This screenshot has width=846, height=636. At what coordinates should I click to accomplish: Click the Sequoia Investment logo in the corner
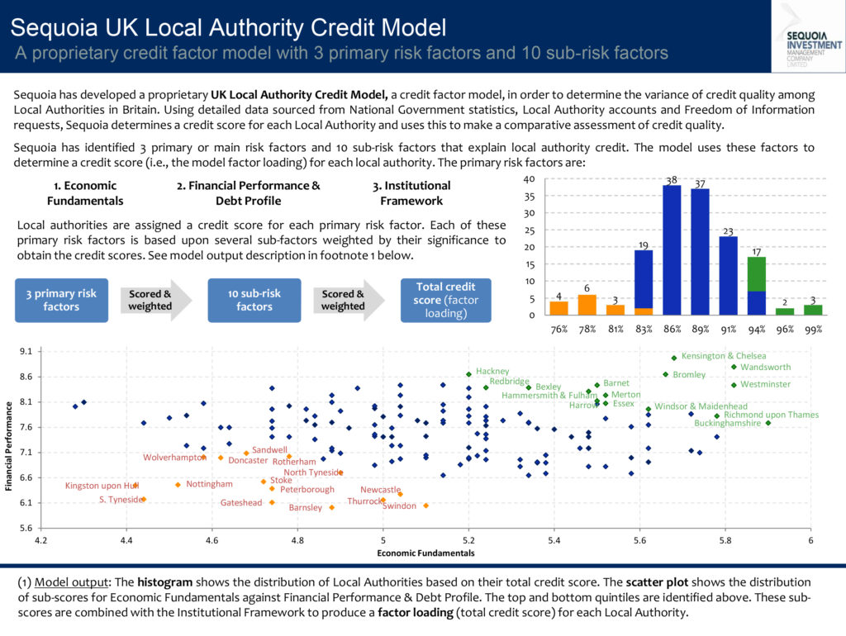click(x=807, y=32)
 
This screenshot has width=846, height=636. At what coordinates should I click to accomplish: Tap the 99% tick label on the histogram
click(x=814, y=329)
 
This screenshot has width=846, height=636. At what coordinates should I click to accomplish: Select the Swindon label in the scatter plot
click(x=400, y=505)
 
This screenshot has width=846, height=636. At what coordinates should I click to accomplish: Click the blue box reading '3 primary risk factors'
click(x=61, y=300)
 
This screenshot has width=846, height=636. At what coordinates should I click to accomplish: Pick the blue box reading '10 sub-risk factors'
click(x=254, y=300)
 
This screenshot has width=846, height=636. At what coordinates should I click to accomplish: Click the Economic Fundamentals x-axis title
click(x=425, y=553)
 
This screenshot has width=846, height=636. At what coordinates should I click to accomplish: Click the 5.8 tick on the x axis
click(x=725, y=540)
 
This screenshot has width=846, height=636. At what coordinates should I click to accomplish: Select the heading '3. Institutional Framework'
click(x=411, y=193)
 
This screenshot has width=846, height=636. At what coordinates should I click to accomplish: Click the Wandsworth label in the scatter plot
click(x=765, y=368)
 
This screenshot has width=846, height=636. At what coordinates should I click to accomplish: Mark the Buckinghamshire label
click(x=727, y=423)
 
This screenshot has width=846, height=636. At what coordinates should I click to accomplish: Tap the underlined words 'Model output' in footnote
click(x=57, y=582)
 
